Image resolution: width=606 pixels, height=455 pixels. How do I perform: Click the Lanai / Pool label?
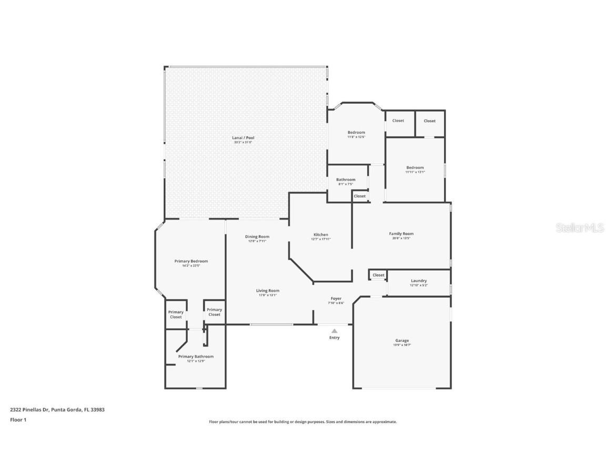tap(243, 138)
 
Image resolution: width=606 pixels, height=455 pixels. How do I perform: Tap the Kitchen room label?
tap(321, 235)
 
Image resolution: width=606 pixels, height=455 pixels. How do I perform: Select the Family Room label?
tap(401, 234)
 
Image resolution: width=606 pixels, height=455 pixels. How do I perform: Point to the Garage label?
tap(402, 341)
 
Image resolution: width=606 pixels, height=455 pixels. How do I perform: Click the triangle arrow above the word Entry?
tap(334, 331)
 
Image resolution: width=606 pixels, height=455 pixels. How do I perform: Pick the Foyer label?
tap(336, 299)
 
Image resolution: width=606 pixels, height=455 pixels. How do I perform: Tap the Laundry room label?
tap(419, 281)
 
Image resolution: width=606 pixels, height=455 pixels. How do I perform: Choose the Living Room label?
tap(267, 291)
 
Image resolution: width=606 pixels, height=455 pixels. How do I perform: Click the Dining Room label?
tap(257, 237)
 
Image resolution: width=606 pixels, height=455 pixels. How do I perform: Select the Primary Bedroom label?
tap(191, 261)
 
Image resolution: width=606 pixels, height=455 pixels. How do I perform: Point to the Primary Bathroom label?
tap(196, 357)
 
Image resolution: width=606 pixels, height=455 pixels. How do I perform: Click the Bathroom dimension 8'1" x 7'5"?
tap(346, 184)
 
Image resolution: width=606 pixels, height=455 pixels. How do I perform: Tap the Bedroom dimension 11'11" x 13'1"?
tap(415, 172)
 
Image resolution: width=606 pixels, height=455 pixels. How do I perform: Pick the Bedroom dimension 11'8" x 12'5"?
tap(356, 137)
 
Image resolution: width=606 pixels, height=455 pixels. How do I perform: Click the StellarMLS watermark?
tap(579, 227)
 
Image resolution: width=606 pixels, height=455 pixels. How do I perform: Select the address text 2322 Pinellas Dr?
tap(29, 409)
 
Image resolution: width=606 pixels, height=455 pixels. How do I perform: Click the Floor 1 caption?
tap(18, 420)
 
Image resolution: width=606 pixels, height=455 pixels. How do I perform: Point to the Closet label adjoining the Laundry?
tap(379, 275)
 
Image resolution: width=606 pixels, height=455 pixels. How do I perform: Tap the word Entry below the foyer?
tap(335, 338)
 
